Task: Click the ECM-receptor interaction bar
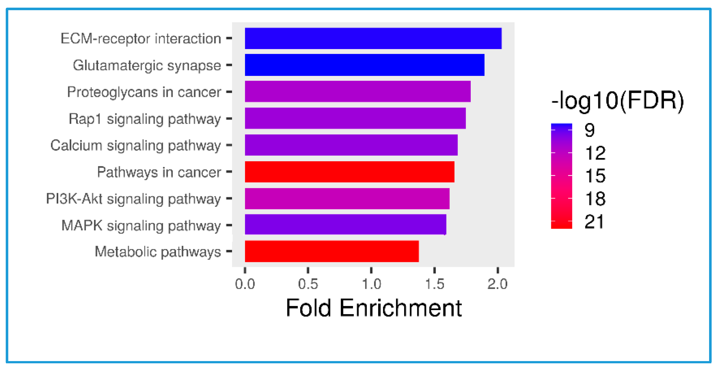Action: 373,38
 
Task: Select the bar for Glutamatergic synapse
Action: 364,65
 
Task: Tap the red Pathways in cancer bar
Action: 349,172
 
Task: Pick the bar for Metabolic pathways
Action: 332,251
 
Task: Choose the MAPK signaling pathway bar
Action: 345,225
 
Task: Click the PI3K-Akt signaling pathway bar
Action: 347,199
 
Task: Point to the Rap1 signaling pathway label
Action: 144,119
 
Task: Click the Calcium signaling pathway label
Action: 135,146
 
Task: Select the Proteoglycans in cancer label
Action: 144,92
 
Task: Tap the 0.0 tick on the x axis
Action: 245,284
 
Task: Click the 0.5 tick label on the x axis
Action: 308,284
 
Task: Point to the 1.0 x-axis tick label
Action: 371,284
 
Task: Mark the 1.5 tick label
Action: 434,284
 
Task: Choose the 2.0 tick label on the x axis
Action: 497,284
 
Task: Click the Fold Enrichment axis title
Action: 373,308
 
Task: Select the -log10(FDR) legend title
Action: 617,101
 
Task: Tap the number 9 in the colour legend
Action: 589,130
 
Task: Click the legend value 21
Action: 594,222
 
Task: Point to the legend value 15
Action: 595,176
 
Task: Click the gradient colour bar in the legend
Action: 561,176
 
